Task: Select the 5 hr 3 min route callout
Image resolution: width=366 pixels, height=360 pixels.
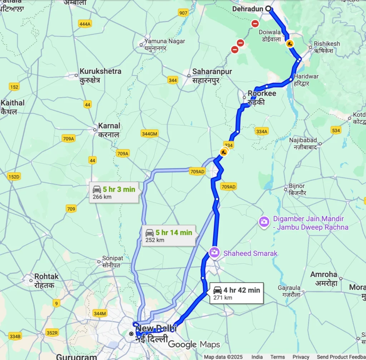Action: [114, 193]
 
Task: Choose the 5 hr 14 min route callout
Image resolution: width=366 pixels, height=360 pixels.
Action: [169, 236]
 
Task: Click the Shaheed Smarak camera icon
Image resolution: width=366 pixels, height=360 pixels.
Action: [214, 253]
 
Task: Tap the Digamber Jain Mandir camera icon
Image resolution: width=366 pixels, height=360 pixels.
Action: [264, 222]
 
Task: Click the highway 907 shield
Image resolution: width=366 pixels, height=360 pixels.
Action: [183, 13]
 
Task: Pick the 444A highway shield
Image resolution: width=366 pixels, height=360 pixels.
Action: [85, 24]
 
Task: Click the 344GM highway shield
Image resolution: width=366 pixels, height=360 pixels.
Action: [149, 134]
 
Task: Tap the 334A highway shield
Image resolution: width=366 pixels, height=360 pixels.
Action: [262, 131]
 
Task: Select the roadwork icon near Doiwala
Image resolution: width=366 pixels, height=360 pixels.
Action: [290, 44]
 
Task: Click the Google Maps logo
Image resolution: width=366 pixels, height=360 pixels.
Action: [194, 344]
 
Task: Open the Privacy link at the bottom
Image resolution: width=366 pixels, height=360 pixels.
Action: [301, 357]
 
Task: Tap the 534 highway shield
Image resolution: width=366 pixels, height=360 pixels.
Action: [336, 130]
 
